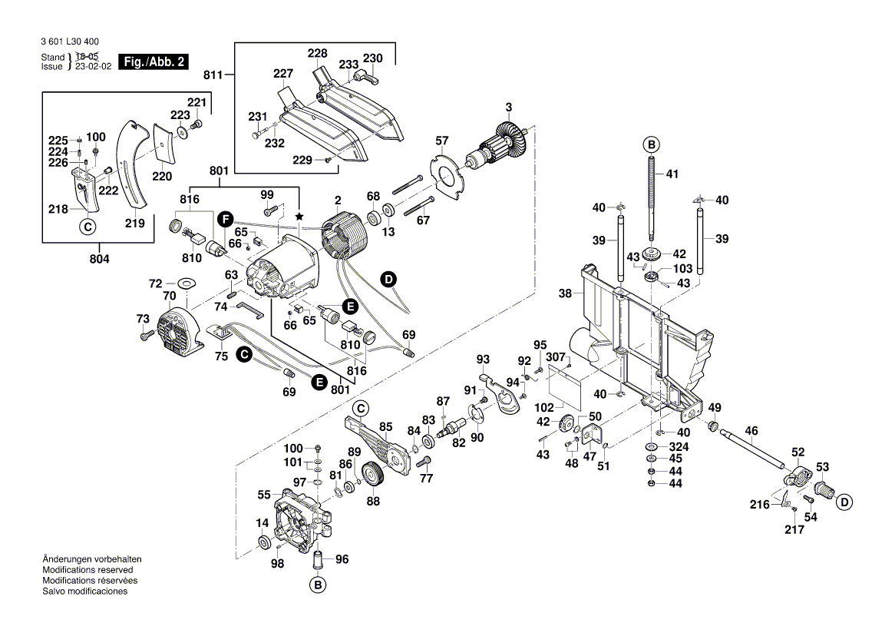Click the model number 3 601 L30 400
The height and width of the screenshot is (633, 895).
coord(68,43)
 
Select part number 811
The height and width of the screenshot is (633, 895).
coord(213,75)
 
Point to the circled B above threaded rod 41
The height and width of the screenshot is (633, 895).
coord(650,145)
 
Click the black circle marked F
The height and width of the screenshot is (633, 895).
coord(224,219)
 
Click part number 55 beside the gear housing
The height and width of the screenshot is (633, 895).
coord(264,495)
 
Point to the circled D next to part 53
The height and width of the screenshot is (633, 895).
coord(844,502)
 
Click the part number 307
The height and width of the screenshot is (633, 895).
coord(556,357)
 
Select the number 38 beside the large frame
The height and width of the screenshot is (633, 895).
coord(565,293)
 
